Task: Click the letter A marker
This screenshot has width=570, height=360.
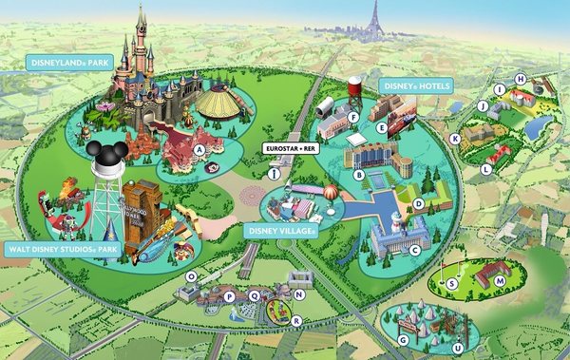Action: click(x=199, y=149)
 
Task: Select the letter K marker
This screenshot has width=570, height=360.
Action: click(x=455, y=139)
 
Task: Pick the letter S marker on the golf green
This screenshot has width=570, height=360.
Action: click(x=452, y=282)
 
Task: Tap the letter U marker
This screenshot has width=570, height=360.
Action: click(x=458, y=348)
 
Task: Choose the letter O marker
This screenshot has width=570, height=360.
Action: click(x=191, y=276)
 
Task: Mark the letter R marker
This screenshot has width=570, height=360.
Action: click(x=295, y=321)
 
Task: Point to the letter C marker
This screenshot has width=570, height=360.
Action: click(x=414, y=250)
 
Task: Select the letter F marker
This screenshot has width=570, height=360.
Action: click(x=352, y=118)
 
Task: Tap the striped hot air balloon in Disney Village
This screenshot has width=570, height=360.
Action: click(x=327, y=196)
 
